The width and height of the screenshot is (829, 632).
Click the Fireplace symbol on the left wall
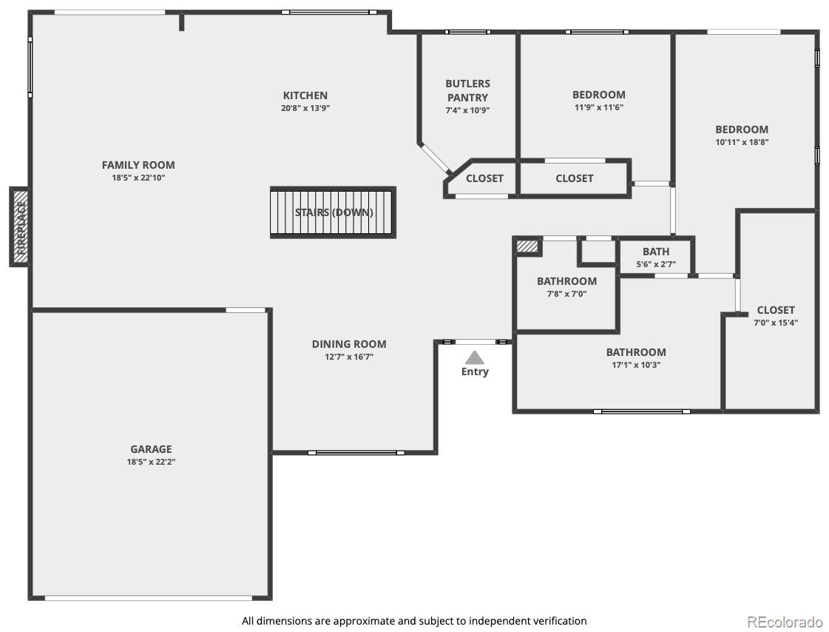pos(19,226)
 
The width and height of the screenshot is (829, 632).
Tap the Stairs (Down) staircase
pos(333,212)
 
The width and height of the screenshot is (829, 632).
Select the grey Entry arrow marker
pos(475,357)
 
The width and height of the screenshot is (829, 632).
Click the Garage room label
pos(151,449)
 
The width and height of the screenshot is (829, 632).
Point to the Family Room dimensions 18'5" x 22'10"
pos(138,178)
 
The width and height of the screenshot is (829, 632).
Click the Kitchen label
pos(305,95)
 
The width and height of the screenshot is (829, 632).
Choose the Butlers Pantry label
pos(467,90)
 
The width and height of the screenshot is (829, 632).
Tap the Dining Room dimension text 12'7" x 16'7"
pos(349,357)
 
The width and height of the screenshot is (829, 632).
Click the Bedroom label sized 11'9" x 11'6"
pos(599,95)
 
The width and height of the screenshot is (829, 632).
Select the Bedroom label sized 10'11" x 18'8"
pos(742,130)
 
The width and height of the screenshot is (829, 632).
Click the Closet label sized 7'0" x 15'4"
pos(776,310)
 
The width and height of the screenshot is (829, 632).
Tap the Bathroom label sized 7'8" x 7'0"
pos(566,281)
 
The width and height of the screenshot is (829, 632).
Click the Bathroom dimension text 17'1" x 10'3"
pos(636,365)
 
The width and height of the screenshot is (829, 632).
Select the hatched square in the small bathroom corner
pos(527,246)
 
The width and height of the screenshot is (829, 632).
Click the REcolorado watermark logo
pos(785,621)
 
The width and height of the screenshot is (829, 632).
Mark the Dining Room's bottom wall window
pos(356,453)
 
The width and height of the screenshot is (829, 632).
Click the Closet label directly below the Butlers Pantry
pos(484,179)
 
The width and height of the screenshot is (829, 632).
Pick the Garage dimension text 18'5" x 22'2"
pos(151,462)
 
